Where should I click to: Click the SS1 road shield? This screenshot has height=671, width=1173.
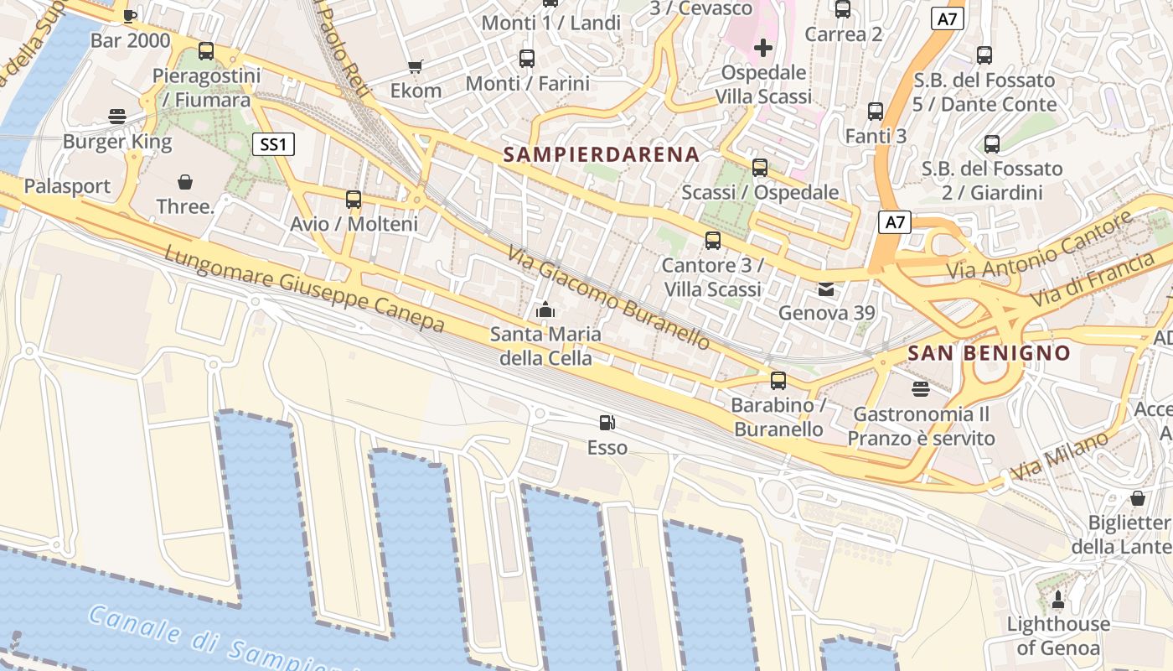(273, 144)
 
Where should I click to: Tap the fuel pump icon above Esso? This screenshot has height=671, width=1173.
(607, 423)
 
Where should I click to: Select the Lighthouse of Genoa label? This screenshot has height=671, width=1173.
(1057, 636)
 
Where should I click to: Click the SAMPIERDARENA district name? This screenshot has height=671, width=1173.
(602, 154)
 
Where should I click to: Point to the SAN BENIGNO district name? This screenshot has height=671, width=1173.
(990, 353)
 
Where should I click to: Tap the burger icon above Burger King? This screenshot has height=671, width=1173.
(117, 117)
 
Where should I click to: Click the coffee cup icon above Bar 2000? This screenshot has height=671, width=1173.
(130, 15)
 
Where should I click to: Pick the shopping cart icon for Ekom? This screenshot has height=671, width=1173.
(415, 66)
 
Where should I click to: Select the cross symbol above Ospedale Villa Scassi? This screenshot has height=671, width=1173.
(762, 48)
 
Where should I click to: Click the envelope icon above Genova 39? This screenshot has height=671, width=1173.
(827, 289)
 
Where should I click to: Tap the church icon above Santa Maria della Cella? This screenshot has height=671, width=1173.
(545, 310)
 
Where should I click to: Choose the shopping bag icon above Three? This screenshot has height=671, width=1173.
(185, 181)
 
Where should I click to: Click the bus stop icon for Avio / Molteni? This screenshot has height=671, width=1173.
(354, 200)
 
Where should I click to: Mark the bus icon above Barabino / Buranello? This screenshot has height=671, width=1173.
(778, 381)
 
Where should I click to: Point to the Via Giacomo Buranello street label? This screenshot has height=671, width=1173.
(609, 298)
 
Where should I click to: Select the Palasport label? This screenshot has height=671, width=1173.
(67, 186)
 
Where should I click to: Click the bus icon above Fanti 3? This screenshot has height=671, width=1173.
(876, 112)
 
